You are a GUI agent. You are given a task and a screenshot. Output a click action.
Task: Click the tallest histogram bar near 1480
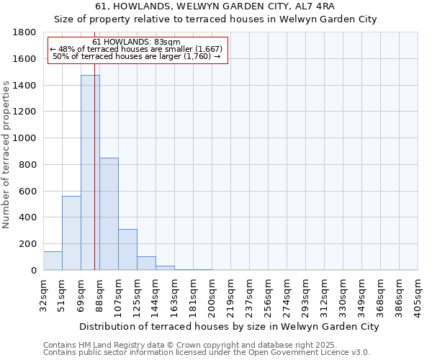point(90,173)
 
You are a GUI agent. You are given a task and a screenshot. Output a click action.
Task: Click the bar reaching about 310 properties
point(127,249)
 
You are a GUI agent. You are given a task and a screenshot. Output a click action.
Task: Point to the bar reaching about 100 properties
point(146,264)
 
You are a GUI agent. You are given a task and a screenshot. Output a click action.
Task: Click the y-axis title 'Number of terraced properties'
point(7,155)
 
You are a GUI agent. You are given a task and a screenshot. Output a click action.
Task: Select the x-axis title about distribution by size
point(229,326)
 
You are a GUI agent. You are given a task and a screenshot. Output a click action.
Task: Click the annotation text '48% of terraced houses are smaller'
point(137,49)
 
